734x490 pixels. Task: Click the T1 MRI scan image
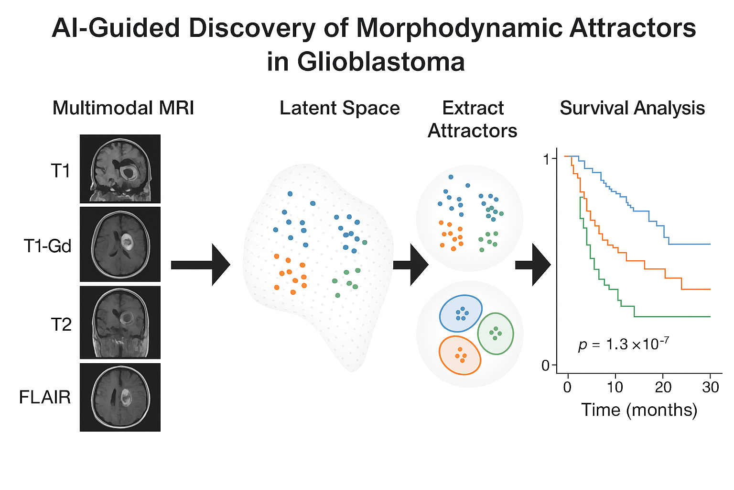tap(120, 169)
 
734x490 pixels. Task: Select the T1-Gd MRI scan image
tap(120, 244)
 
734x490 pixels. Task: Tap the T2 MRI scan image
tap(120, 322)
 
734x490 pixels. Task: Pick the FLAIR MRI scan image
tap(120, 397)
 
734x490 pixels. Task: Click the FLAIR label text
tap(45, 397)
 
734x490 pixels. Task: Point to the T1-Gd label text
tap(47, 246)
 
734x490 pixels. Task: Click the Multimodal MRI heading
tap(123, 108)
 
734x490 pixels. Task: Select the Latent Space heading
tap(339, 108)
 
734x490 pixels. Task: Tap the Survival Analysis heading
tap(632, 108)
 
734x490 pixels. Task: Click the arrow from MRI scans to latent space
tap(200, 265)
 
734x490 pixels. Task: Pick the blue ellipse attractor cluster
tap(461, 313)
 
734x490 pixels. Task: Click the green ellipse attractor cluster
tap(496, 334)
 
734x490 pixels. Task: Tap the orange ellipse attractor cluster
tap(460, 355)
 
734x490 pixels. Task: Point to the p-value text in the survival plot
tap(623, 344)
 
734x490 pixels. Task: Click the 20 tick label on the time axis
tap(663, 387)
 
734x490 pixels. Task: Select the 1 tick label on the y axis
tap(547, 159)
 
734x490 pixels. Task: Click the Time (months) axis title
tap(639, 410)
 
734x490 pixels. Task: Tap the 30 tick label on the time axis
tap(710, 387)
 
